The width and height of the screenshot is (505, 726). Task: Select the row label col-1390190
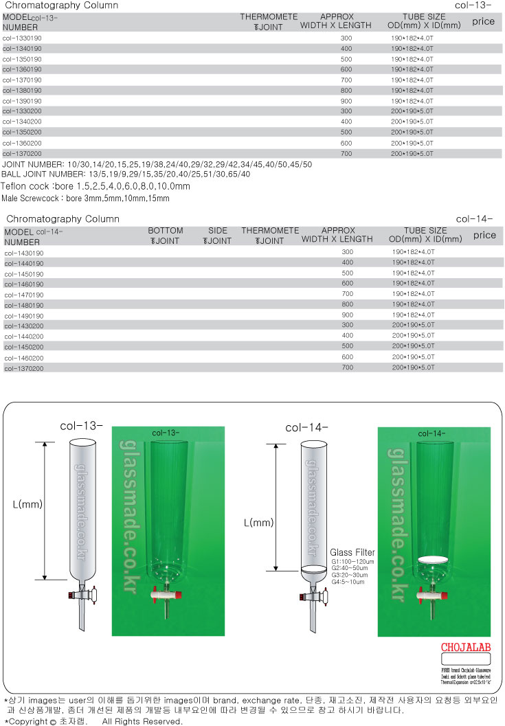click(x=22, y=100)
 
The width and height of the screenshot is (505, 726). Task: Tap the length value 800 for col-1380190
click(x=346, y=90)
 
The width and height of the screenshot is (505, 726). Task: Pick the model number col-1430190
click(x=23, y=253)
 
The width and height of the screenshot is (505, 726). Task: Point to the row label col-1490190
click(x=23, y=315)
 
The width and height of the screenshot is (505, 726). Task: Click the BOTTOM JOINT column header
click(x=166, y=236)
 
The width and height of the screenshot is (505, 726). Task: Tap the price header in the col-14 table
click(x=484, y=235)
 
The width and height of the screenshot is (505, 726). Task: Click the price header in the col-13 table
click(x=483, y=21)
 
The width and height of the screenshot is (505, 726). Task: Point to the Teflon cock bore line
click(x=96, y=186)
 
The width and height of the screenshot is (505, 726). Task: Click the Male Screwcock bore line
click(x=85, y=198)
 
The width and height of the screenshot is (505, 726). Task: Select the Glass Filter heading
click(x=352, y=552)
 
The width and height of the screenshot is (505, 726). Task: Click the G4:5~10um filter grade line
click(x=349, y=582)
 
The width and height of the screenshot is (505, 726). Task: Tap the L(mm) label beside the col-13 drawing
click(x=28, y=504)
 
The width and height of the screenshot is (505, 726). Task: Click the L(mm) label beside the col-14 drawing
click(x=259, y=523)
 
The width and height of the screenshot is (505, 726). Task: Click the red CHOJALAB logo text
click(x=467, y=648)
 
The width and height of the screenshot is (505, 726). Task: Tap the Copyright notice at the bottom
click(x=93, y=721)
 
